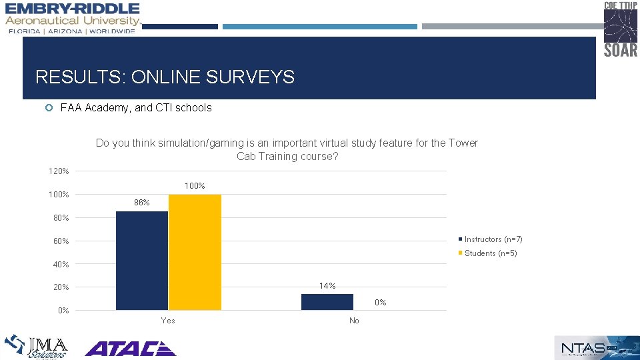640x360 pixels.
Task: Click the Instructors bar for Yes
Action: click(142, 260)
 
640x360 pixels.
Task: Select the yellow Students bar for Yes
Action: click(195, 252)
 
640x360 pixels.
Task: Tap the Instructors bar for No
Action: click(327, 302)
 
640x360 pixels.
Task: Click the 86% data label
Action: click(141, 203)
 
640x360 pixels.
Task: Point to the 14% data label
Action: click(327, 285)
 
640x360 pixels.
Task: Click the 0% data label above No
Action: click(380, 302)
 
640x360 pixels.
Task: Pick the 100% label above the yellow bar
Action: click(195, 186)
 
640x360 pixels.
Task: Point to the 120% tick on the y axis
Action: click(59, 171)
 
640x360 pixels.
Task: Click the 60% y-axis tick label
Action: click(61, 241)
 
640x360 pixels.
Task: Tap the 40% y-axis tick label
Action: click(61, 265)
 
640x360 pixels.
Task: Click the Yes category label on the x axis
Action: click(168, 321)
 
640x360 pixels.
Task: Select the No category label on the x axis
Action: click(354, 321)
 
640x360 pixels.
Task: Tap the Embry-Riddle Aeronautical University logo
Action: click(73, 18)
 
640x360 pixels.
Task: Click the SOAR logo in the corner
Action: click(621, 29)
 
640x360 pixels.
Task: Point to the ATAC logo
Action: click(130, 348)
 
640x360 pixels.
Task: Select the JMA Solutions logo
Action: click(37, 347)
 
